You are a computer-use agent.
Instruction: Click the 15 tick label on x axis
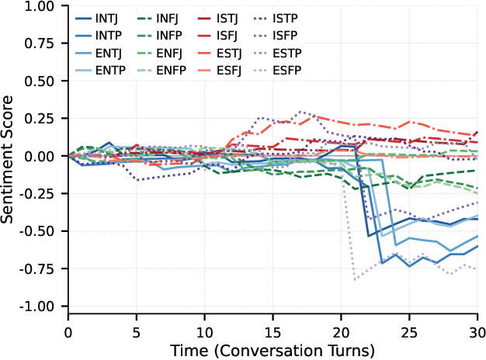273,331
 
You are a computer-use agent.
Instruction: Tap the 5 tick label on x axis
137,331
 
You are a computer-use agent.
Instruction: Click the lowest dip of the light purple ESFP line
355,279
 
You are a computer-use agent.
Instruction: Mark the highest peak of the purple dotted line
300,111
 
